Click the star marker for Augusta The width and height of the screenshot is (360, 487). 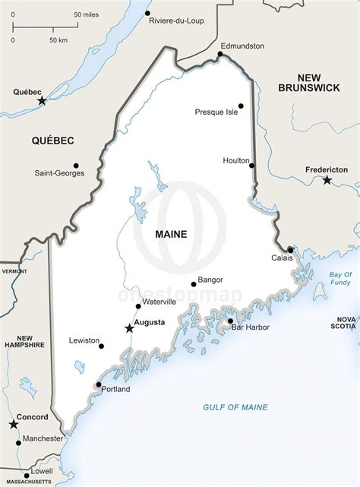point(128,329)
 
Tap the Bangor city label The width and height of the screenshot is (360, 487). point(210,280)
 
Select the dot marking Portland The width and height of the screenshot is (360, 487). point(99,384)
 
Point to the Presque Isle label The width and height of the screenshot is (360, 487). point(216,112)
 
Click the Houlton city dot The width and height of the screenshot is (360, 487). point(251,165)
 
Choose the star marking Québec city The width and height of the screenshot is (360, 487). point(42,100)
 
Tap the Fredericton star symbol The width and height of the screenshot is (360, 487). point(327,180)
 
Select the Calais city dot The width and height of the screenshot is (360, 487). point(290,249)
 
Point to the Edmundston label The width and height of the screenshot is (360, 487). point(242,46)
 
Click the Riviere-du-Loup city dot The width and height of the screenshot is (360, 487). point(147,14)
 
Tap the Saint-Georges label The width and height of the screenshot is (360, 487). point(59,173)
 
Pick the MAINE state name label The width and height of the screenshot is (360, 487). point(170,234)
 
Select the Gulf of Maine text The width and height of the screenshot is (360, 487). point(235,407)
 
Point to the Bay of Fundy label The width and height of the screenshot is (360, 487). point(340,278)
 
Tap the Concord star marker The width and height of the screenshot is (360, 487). point(13,424)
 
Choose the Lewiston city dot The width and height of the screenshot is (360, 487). point(101,346)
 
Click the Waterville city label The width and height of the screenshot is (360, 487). point(159,302)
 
